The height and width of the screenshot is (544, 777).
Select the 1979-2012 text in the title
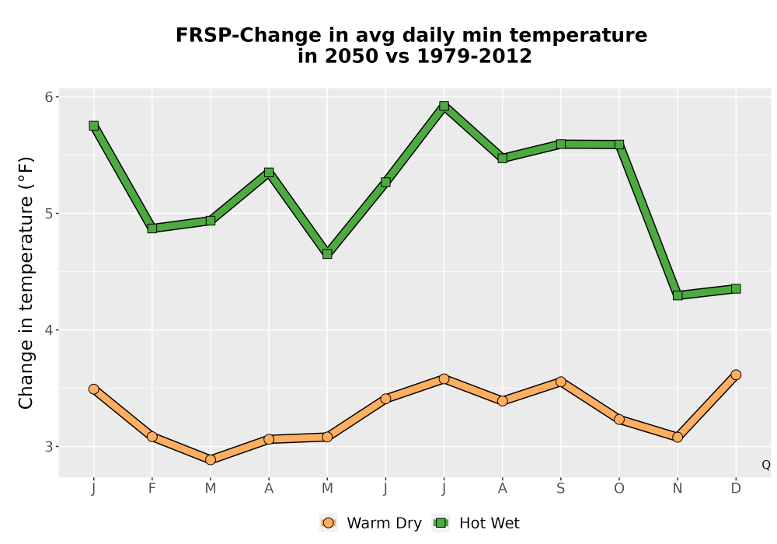click(x=474, y=56)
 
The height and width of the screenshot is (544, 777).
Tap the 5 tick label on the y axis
click(x=48, y=214)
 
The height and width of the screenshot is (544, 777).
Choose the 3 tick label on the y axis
click(x=48, y=447)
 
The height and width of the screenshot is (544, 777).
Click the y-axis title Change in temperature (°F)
click(x=26, y=283)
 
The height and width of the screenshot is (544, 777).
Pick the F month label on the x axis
click(x=152, y=489)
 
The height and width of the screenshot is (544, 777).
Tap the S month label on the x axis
click(x=560, y=489)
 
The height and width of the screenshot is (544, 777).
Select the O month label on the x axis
click(x=619, y=489)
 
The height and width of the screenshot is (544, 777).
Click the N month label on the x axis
click(x=678, y=489)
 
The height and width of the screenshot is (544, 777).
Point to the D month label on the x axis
click(x=736, y=489)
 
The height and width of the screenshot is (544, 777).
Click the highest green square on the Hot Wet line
click(x=444, y=106)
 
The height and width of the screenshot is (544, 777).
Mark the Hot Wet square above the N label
click(x=678, y=295)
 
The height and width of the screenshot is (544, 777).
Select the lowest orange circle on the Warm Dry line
click(x=211, y=460)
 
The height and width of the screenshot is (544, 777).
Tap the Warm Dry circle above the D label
click(x=736, y=375)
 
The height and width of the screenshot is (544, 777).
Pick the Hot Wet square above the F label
click(x=152, y=228)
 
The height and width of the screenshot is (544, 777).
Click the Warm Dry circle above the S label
click(x=560, y=382)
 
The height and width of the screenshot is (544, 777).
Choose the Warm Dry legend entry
click(x=371, y=523)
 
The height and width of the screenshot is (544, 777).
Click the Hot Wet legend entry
click(x=476, y=523)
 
